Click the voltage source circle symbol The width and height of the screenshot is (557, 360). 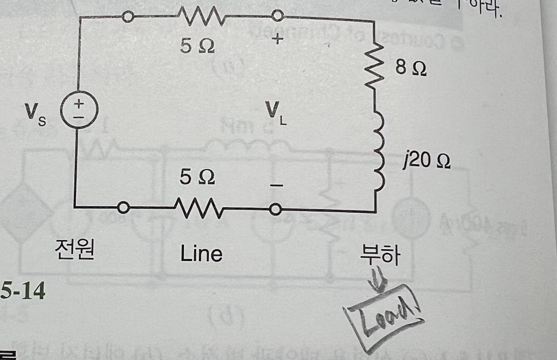[x=79, y=110]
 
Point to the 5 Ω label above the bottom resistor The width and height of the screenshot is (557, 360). [x=197, y=177]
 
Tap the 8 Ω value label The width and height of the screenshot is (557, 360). [x=411, y=68]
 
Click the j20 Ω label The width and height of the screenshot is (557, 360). [x=426, y=161]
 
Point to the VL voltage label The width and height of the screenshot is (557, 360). [x=275, y=113]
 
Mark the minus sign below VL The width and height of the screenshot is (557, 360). [x=277, y=185]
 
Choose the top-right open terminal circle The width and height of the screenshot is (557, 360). [x=277, y=15]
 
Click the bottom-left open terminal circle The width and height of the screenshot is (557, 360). [x=124, y=208]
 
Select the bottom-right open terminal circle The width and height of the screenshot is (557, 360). [x=275, y=209]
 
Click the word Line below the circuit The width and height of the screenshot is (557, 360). [x=201, y=254]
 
